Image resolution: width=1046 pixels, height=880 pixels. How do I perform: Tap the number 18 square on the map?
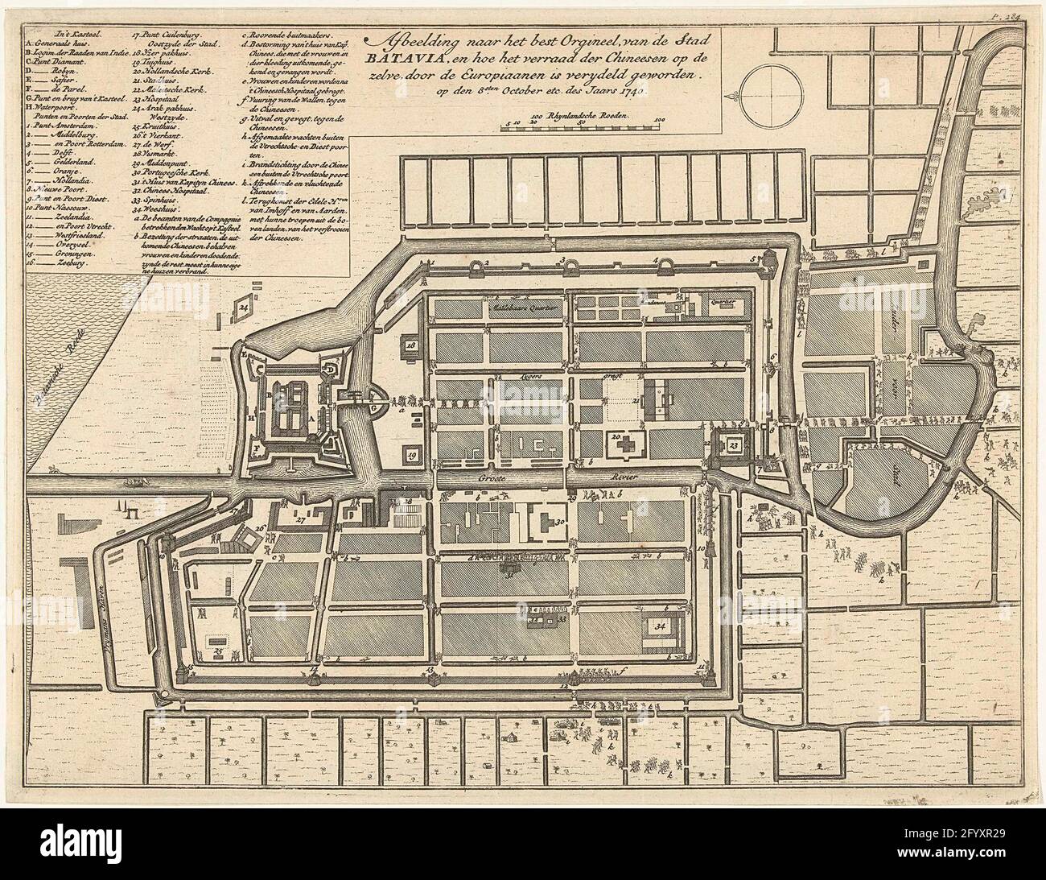click(x=411, y=345)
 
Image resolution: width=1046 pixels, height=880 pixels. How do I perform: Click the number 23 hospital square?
click(x=734, y=444)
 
